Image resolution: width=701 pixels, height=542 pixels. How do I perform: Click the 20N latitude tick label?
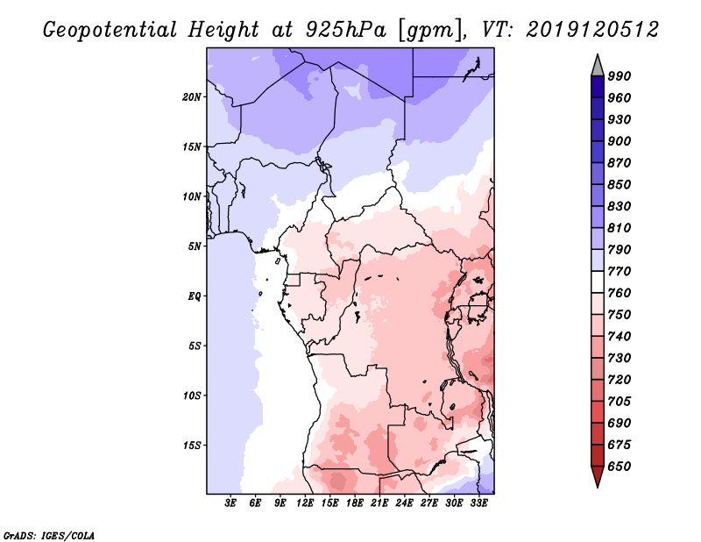click(192, 96)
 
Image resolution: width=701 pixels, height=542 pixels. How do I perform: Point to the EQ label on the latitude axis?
click(195, 296)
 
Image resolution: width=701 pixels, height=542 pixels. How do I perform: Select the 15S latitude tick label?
click(192, 445)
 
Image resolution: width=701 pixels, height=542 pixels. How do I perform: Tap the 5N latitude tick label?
click(195, 246)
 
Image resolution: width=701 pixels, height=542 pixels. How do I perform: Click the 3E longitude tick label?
click(231, 503)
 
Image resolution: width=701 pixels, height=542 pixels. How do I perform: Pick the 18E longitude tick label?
click(356, 503)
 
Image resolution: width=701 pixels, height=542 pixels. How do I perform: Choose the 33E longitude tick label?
click(479, 503)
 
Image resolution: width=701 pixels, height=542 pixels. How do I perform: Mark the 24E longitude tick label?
click(405, 503)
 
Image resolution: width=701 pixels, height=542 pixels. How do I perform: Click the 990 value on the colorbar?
click(620, 76)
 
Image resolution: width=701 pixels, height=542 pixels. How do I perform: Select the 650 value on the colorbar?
click(620, 467)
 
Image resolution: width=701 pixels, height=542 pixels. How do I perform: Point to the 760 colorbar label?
click(620, 293)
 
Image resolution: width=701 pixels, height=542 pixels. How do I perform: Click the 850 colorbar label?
click(620, 185)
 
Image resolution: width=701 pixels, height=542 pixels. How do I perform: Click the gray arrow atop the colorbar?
click(597, 65)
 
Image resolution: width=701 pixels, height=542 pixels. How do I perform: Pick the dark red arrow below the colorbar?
click(597, 476)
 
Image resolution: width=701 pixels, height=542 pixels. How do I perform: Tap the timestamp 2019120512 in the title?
click(592, 30)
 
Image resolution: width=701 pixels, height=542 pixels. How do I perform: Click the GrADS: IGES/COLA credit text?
click(49, 533)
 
